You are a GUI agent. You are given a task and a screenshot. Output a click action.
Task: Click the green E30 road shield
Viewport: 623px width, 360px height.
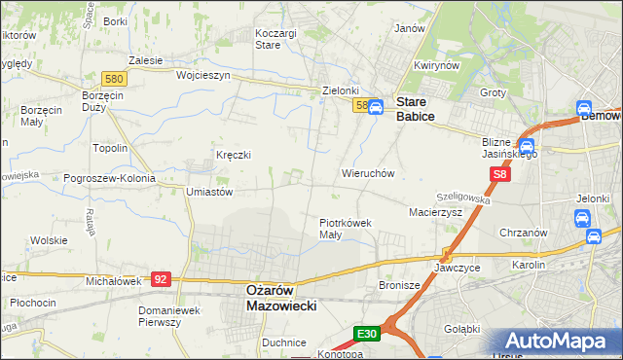click(x=366, y=334)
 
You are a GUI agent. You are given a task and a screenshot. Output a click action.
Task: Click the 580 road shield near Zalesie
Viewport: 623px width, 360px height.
click(x=114, y=78)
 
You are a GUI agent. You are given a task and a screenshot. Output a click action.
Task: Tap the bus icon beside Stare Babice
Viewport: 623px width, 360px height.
click(x=376, y=106)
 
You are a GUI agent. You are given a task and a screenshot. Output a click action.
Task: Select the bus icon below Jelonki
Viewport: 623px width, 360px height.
click(x=592, y=236)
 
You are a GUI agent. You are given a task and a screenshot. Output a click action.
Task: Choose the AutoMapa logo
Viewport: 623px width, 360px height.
click(x=559, y=342)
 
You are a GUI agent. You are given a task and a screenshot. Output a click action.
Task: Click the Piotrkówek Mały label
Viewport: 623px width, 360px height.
click(x=346, y=228)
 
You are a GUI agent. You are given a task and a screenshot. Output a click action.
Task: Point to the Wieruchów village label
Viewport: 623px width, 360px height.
click(x=367, y=173)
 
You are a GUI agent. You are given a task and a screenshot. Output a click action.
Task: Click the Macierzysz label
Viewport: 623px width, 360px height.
click(x=435, y=211)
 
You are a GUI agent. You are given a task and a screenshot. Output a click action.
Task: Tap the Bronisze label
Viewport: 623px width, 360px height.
click(x=399, y=285)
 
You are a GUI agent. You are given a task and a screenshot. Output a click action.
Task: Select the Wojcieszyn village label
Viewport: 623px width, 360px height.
click(x=202, y=75)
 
